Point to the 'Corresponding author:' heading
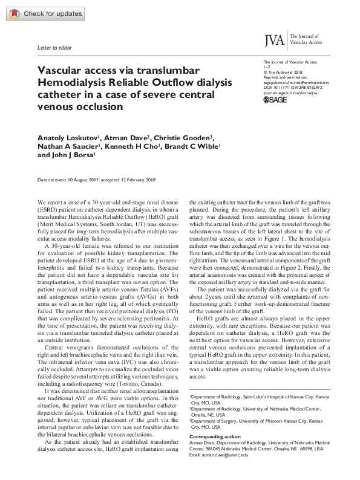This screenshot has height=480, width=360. coord(217,436)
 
